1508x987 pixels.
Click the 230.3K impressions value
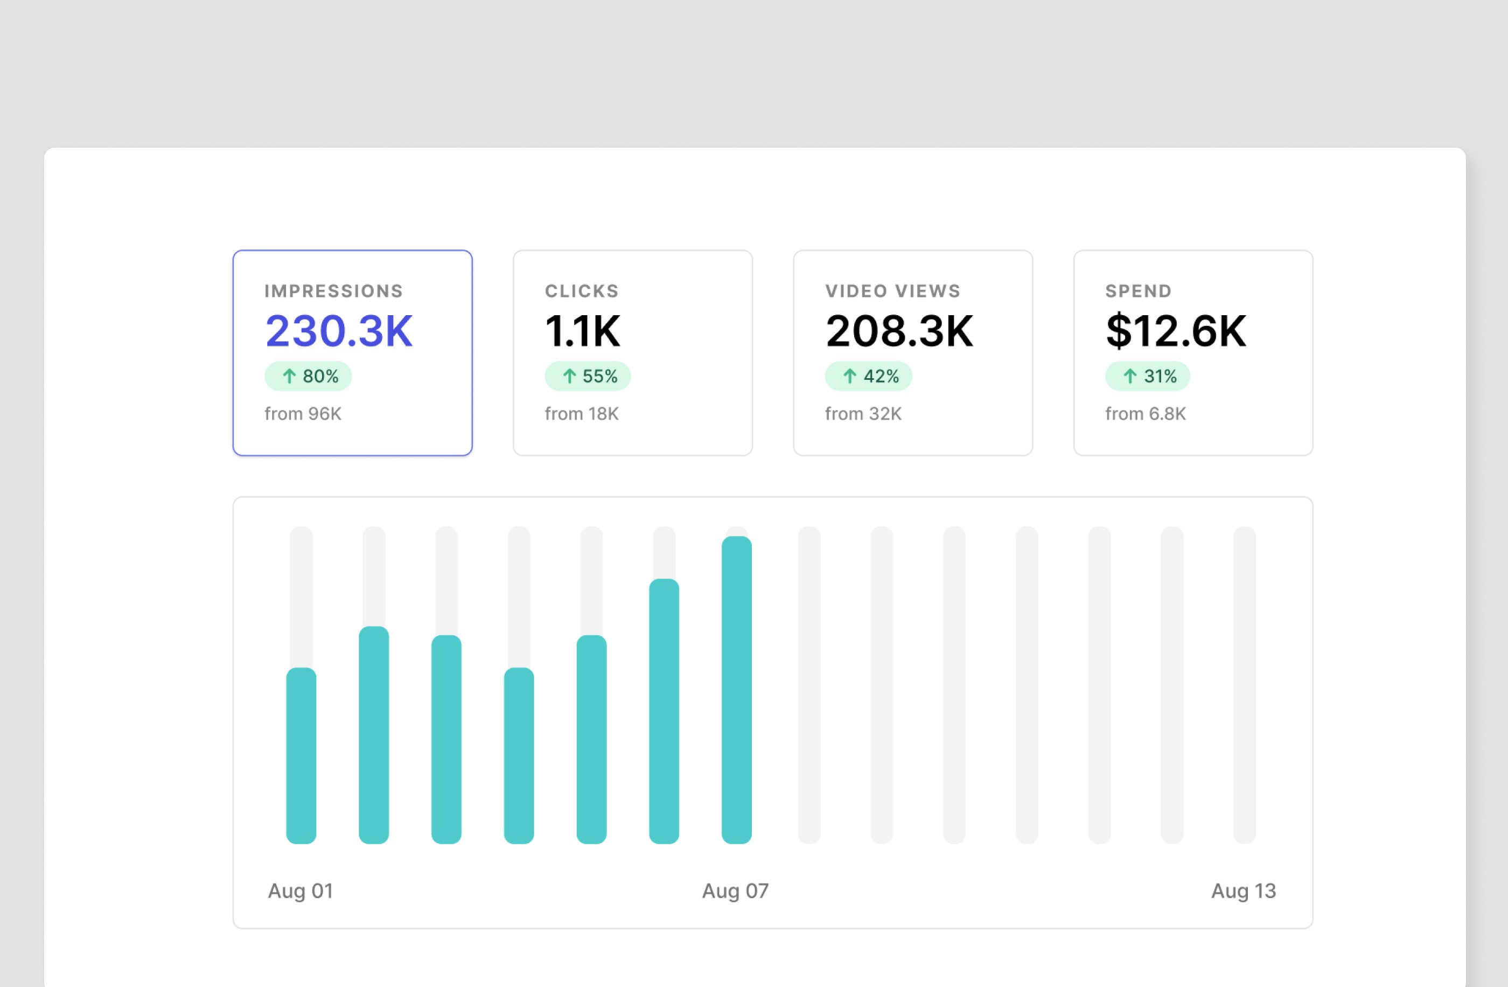(x=339, y=331)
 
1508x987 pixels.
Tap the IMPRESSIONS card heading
(x=333, y=291)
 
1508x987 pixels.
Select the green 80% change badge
(x=308, y=376)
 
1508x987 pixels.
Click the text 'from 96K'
(x=303, y=414)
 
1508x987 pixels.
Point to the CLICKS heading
(x=582, y=291)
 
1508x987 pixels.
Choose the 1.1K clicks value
(x=582, y=331)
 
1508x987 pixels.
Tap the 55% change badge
(x=588, y=376)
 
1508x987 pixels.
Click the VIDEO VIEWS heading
(x=892, y=291)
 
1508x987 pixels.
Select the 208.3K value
(x=898, y=331)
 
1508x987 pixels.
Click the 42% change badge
(x=868, y=376)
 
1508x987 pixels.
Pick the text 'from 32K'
(x=863, y=414)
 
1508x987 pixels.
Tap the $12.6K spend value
(x=1175, y=331)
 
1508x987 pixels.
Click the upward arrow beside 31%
(x=1130, y=376)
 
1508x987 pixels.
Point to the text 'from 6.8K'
(x=1145, y=414)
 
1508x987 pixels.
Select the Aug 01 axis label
(x=301, y=891)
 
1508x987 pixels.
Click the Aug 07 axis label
(x=735, y=891)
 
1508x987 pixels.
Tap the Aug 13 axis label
(x=1243, y=891)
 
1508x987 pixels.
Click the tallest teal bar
(x=736, y=691)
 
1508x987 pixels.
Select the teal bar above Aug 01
(x=301, y=754)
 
